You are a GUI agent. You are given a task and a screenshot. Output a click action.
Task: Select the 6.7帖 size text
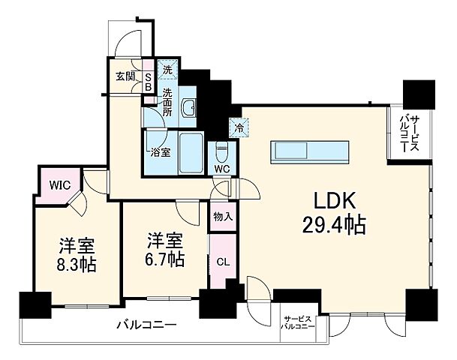165,259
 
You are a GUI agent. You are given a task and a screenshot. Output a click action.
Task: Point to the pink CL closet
222,262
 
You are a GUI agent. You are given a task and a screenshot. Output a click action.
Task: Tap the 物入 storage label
222,217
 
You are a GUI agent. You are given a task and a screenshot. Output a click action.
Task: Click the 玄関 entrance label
125,76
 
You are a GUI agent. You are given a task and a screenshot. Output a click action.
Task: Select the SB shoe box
148,81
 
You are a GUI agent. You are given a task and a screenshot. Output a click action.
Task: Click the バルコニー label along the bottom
146,325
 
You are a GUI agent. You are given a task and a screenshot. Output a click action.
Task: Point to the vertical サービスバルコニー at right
409,133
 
